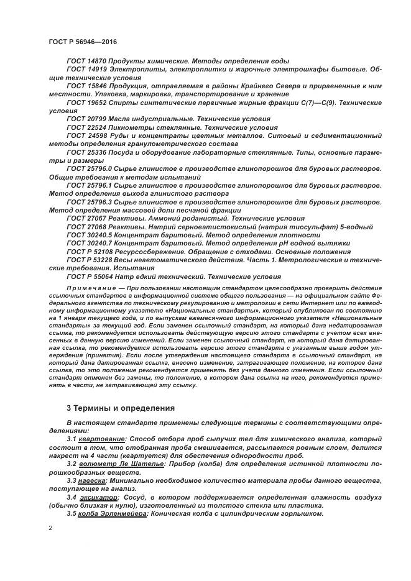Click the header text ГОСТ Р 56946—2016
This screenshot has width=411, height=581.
pos(83,40)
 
